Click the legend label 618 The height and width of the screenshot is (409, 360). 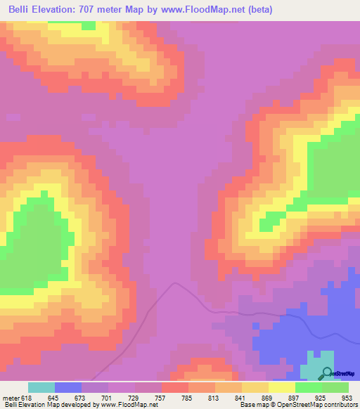coord(27,398)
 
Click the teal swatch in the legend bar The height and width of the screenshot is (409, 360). coord(41,387)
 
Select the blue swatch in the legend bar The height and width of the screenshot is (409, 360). coord(68,387)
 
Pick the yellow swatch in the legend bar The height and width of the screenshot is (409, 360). coord(281,387)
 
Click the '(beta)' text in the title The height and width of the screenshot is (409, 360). coord(258,9)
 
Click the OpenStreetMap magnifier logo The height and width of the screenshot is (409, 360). coord(326,373)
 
